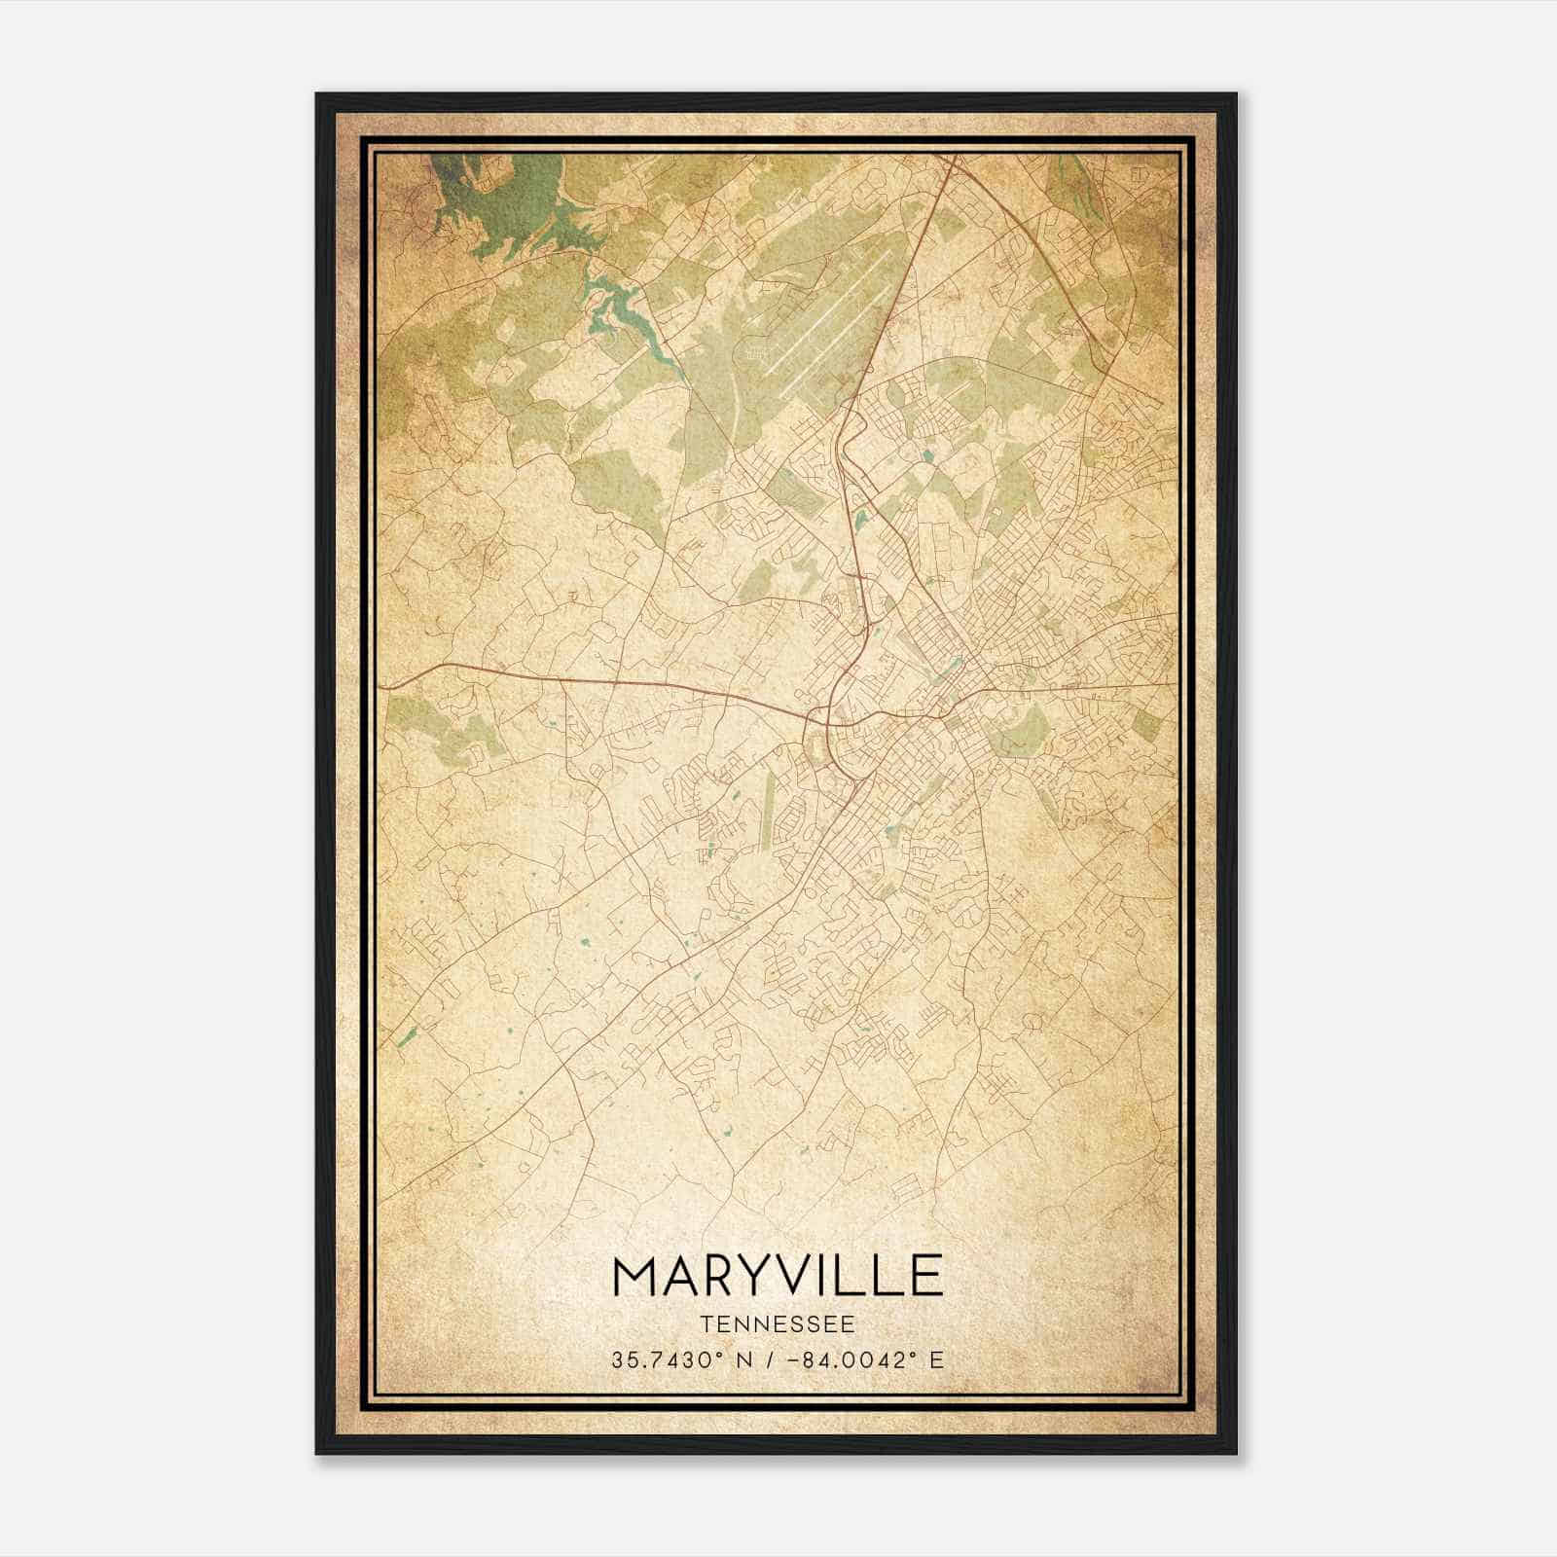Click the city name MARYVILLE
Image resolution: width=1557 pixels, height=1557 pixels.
coord(778,1277)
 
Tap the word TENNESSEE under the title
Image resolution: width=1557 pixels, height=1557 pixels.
coord(778,1323)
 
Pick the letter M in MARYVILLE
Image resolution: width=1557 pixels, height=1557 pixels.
coord(634,1277)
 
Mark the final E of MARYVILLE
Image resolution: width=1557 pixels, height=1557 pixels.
coord(927,1277)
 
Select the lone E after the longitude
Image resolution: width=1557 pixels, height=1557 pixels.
coord(936,1360)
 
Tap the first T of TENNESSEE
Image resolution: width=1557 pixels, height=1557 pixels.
coord(706,1323)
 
